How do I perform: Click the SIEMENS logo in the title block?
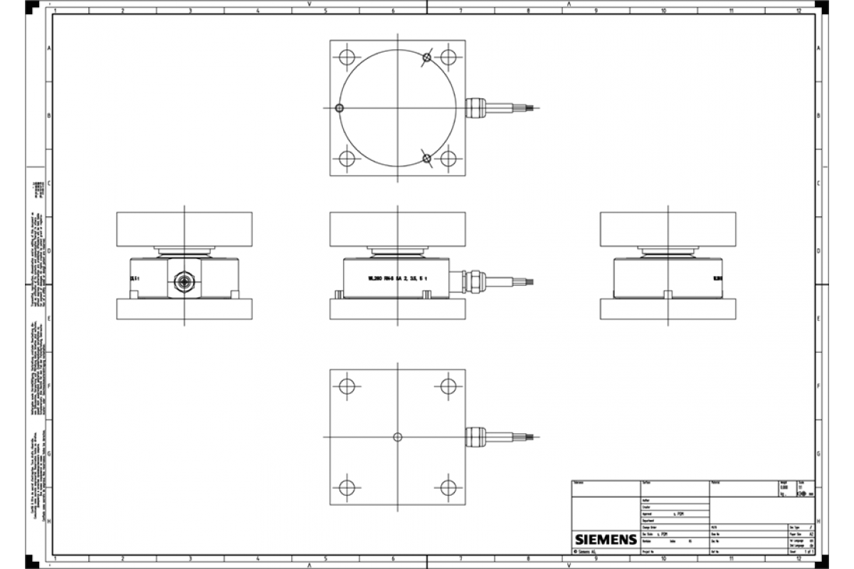pos(605,539)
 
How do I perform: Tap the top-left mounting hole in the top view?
pos(347,57)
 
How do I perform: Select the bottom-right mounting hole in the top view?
pos(448,159)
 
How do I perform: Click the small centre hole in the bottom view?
pos(397,436)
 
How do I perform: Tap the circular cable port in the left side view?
pos(184,281)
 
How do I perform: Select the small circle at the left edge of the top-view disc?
pos(339,108)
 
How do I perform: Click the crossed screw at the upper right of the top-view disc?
pos(426,58)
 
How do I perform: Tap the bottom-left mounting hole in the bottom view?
pos(347,487)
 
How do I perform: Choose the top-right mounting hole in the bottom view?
pos(448,385)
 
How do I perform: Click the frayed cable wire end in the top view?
pos(533,108)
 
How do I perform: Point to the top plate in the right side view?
pos(668,229)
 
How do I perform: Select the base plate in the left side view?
pos(184,309)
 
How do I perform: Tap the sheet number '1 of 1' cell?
pos(807,551)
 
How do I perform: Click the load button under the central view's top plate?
pos(397,250)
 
